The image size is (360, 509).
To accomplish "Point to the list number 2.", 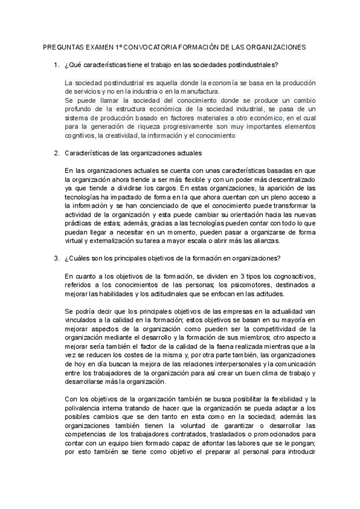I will click(56, 154).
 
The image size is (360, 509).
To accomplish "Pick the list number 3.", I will click(56, 259).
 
